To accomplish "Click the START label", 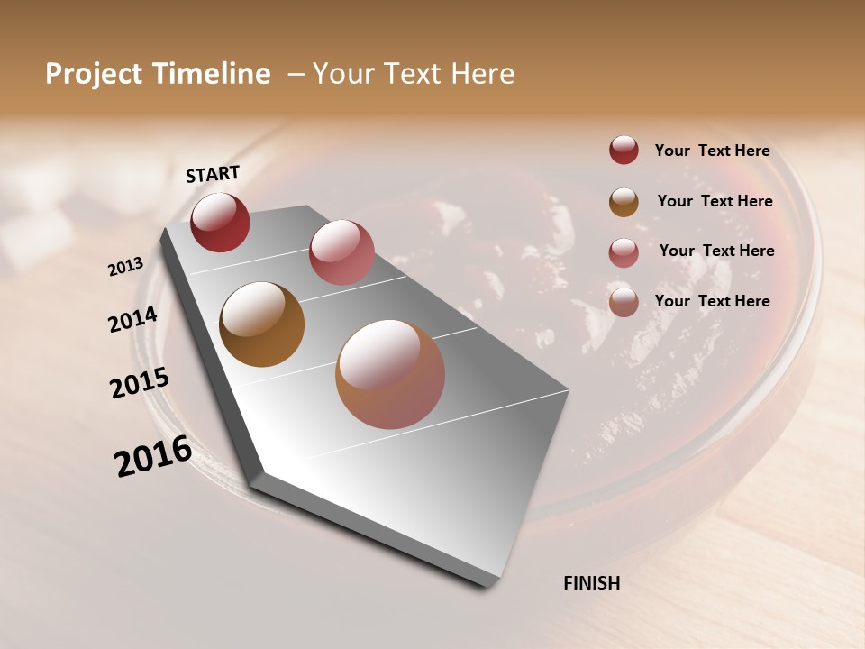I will pyautogui.click(x=213, y=173).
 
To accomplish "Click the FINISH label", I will pyautogui.click(x=591, y=583).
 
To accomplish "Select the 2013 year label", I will pyautogui.click(x=126, y=266).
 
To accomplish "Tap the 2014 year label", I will pyautogui.click(x=132, y=320).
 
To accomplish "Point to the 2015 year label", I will pyautogui.click(x=140, y=383).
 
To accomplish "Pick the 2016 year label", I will pyautogui.click(x=153, y=456).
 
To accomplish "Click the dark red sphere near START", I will pyautogui.click(x=220, y=222).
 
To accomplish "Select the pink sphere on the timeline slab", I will pyautogui.click(x=341, y=252).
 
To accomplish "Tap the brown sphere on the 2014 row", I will pyautogui.click(x=261, y=324).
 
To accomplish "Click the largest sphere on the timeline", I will pyautogui.click(x=390, y=374).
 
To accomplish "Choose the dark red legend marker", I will pyautogui.click(x=624, y=150).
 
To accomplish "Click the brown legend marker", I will pyautogui.click(x=624, y=202).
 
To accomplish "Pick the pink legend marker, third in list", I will pyautogui.click(x=624, y=252).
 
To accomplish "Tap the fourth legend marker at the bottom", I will pyautogui.click(x=624, y=302).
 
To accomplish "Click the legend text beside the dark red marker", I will pyautogui.click(x=712, y=151).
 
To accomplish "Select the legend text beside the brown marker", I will pyautogui.click(x=715, y=201).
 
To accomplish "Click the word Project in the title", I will pyautogui.click(x=95, y=74).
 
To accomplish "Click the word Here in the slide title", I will pyautogui.click(x=482, y=74).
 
